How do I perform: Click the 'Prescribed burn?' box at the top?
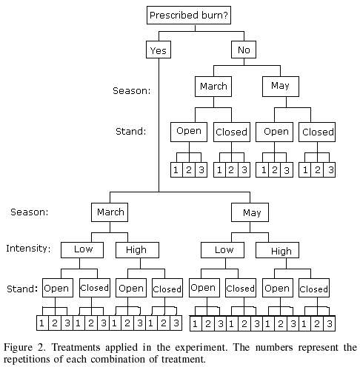[x=189, y=15]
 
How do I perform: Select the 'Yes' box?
[x=159, y=50]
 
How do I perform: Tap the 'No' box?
[x=244, y=50]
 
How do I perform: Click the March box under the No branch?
[x=213, y=87]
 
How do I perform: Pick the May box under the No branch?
[x=281, y=87]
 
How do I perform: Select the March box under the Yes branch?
[x=110, y=212]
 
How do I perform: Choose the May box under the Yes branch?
[x=250, y=212]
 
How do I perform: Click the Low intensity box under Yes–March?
[x=82, y=250]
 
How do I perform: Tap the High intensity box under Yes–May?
[x=277, y=250]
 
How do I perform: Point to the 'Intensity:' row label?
[x=28, y=249]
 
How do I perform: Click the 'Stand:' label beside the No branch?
[x=131, y=131]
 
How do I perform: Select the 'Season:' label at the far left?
[x=30, y=212]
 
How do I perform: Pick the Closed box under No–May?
[x=317, y=132]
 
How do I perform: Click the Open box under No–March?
[x=189, y=132]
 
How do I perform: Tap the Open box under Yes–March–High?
[x=131, y=288]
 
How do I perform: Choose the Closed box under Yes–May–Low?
[x=241, y=288]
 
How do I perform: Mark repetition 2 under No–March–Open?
[x=189, y=169]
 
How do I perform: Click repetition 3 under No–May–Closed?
[x=330, y=169]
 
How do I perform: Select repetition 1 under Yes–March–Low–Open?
[x=42, y=323]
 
